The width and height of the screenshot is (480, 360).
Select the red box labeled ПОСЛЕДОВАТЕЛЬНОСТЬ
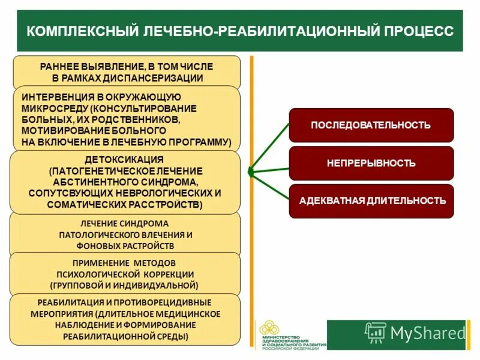click(371, 125)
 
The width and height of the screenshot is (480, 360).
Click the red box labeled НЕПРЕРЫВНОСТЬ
click(371, 163)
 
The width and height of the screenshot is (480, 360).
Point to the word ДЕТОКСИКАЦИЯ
click(124, 160)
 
